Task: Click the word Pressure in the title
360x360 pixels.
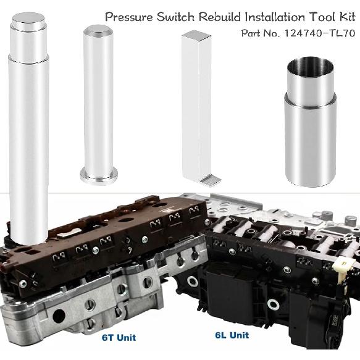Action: [x=128, y=17]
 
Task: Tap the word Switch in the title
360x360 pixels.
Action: [x=175, y=17]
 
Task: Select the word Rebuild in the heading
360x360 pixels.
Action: [x=218, y=17]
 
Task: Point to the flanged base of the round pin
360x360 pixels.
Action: [x=98, y=175]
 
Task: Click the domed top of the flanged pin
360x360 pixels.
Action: [x=98, y=30]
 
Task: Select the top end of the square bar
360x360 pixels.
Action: [x=196, y=36]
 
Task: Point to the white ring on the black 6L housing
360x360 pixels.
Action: [x=193, y=282]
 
